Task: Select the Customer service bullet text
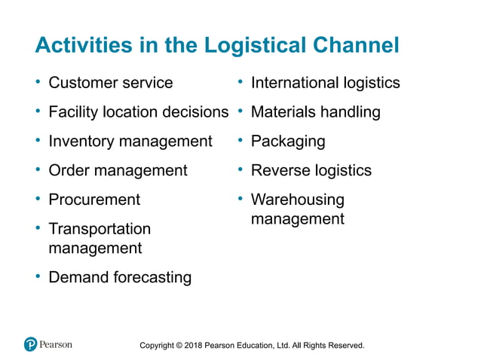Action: (x=110, y=83)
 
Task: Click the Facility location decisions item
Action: (x=138, y=112)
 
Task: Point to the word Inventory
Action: (x=80, y=141)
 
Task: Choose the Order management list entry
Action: (x=118, y=170)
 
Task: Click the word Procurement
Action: (x=94, y=200)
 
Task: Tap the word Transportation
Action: (x=100, y=229)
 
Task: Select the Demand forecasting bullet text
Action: (x=120, y=277)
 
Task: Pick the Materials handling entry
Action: (x=315, y=112)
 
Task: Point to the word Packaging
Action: (x=288, y=141)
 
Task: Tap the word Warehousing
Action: (x=297, y=200)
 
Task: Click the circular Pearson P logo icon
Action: (x=30, y=344)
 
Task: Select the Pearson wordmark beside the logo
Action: (x=56, y=344)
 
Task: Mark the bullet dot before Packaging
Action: (x=240, y=140)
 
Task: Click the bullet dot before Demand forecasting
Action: (x=38, y=276)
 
